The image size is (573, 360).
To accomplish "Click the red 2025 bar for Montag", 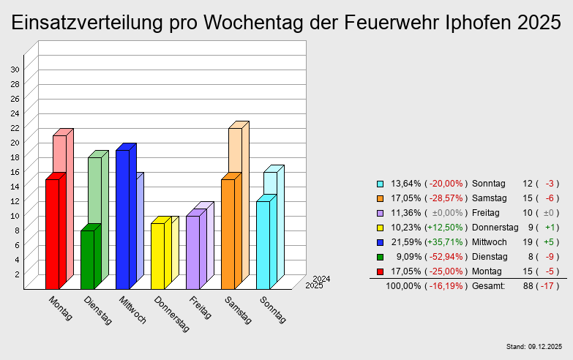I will click(x=52, y=234).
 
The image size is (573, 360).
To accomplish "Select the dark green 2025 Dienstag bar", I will click(x=87, y=260).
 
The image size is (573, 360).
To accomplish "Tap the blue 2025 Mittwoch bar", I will click(x=122, y=220).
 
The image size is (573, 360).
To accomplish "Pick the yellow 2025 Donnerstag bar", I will click(x=157, y=256).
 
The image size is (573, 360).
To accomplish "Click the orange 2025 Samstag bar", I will click(x=228, y=234).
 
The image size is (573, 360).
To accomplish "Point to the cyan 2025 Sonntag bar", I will click(x=263, y=245).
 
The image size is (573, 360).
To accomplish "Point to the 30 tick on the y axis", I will click(x=15, y=70).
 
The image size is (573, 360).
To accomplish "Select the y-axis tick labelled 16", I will click(x=15, y=172).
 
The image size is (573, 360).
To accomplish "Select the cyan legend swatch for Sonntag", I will click(x=381, y=184).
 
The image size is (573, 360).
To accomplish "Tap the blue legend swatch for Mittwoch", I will click(x=381, y=242).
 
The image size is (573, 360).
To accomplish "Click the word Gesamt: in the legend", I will click(x=489, y=286).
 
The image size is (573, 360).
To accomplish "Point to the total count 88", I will click(x=527, y=286).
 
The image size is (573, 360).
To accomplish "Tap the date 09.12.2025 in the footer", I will click(x=544, y=346).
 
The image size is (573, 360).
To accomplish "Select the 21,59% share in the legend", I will click(x=405, y=242).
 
